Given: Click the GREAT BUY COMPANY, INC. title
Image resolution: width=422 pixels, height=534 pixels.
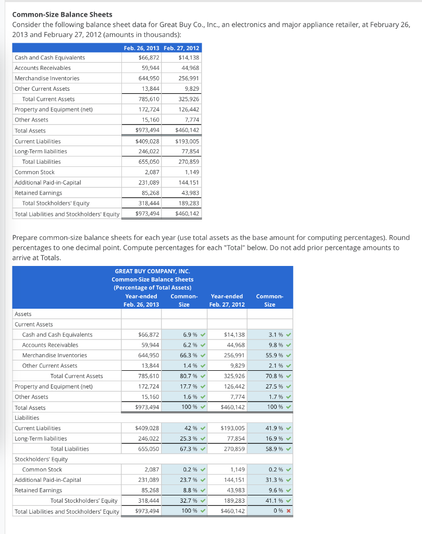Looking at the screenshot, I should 152,271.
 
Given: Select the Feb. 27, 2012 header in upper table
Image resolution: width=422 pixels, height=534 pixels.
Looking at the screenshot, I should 181,48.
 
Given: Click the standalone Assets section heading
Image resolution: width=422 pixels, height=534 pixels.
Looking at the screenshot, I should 23,314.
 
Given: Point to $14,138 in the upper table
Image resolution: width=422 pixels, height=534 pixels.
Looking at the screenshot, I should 189,57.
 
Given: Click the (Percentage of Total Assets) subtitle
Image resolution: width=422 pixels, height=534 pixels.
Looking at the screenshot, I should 152,288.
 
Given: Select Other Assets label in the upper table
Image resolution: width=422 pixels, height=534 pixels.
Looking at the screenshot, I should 31,120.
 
